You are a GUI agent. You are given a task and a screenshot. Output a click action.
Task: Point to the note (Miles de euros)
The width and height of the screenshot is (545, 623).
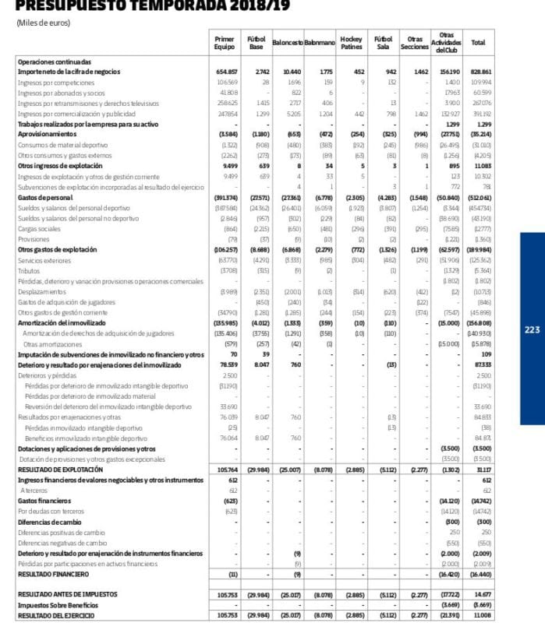tap(44, 23)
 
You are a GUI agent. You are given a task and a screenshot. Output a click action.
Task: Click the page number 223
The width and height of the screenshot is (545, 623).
tap(532, 330)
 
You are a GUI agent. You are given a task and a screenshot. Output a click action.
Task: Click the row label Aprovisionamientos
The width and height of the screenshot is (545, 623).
tap(45, 133)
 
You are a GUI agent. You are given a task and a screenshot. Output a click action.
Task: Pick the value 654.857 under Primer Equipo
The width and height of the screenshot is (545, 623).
tap(226, 72)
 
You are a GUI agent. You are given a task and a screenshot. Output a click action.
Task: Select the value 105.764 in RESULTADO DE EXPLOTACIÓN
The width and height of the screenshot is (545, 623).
tap(226, 470)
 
